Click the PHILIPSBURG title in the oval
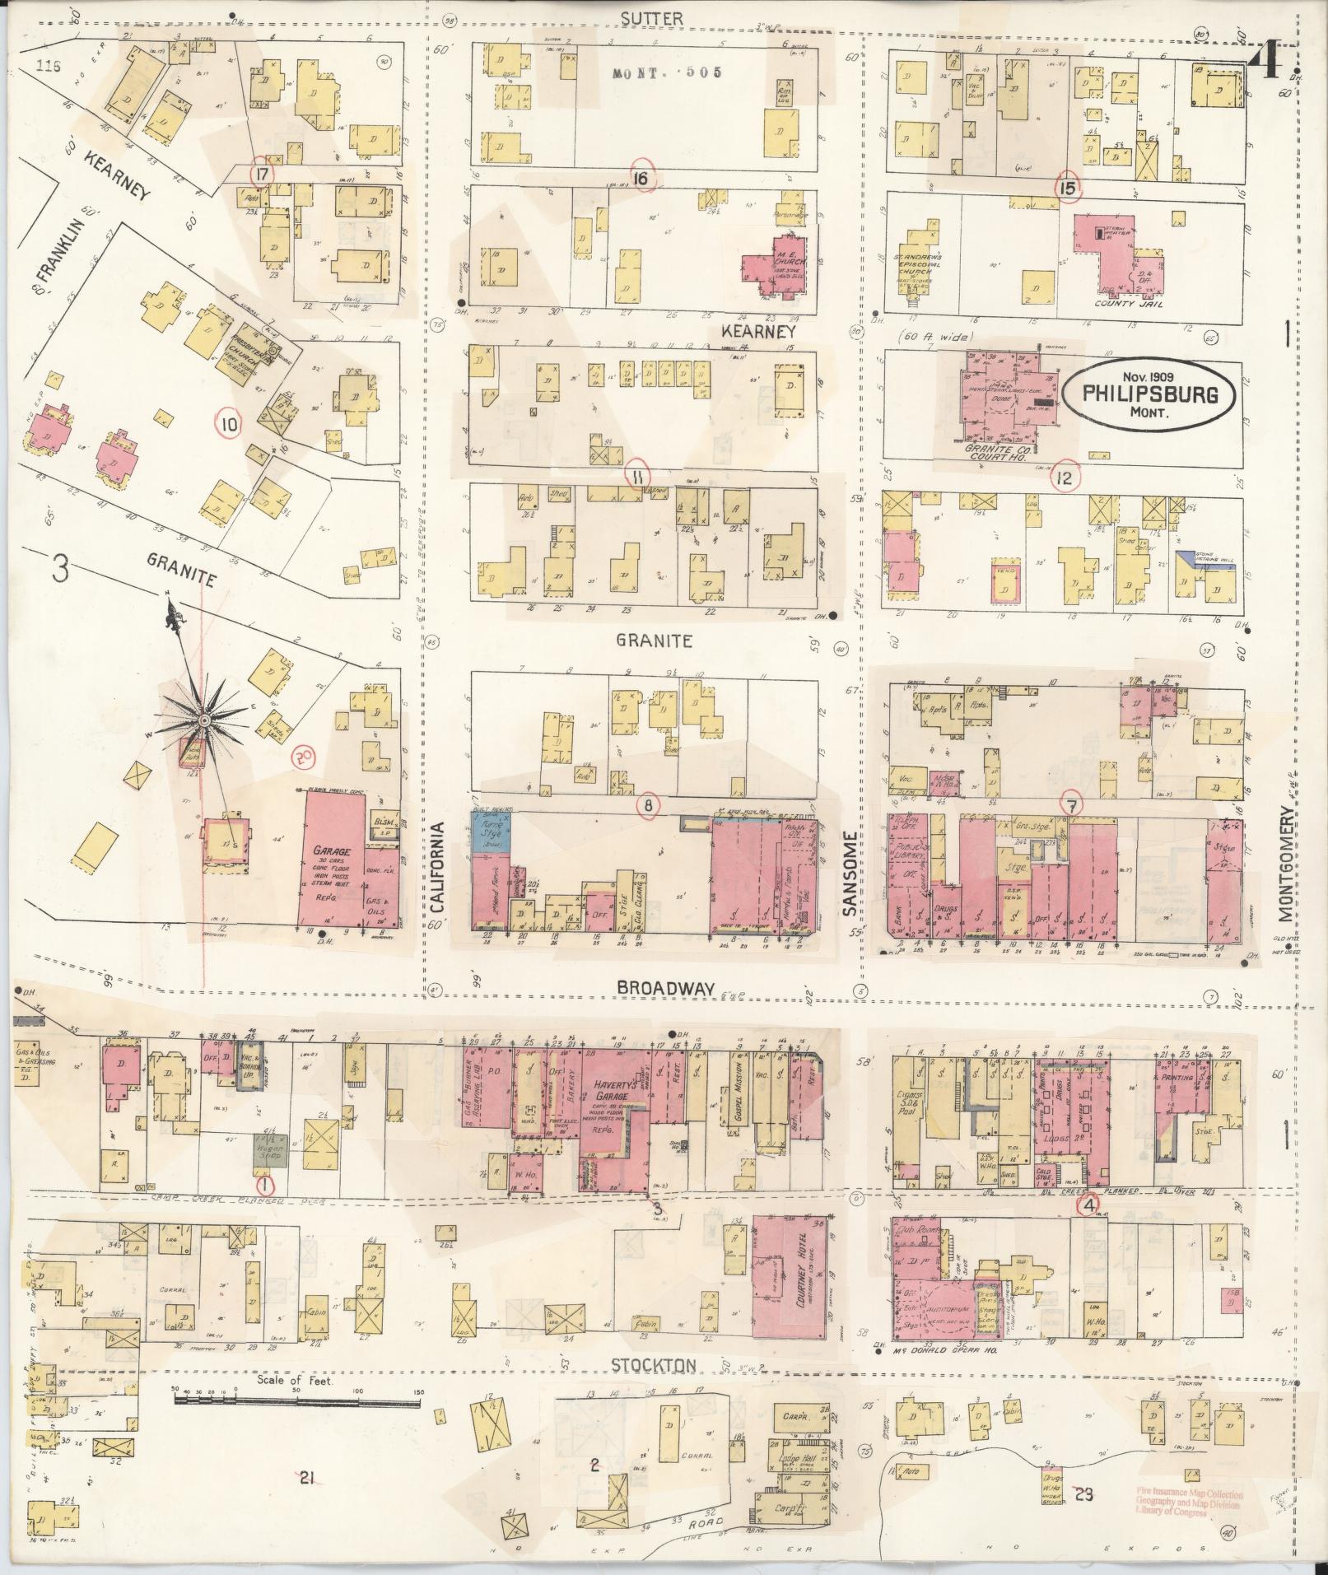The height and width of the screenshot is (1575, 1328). click(1150, 394)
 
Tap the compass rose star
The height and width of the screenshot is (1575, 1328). click(202, 720)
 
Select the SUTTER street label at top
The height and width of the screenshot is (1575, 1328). click(641, 17)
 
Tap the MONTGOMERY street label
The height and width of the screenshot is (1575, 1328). click(1285, 862)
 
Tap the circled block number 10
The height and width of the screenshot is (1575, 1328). click(230, 425)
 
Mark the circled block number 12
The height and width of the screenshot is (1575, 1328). click(1065, 477)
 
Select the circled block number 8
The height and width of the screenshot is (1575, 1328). click(648, 807)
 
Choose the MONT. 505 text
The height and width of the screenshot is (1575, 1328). click(667, 72)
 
